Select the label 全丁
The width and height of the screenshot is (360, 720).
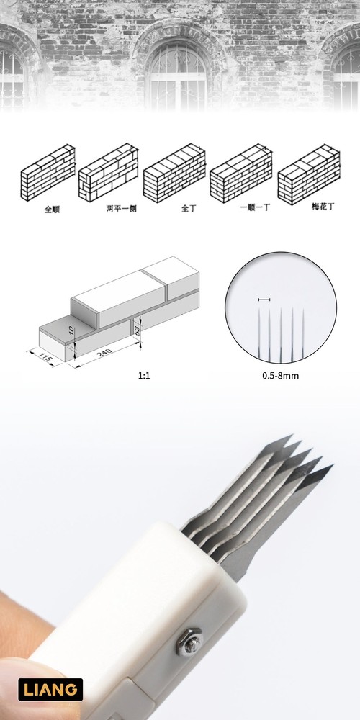189,209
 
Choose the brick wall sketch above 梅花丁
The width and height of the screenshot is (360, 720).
307,174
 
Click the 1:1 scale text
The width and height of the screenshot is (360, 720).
144,376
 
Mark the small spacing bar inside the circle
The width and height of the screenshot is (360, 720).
264,299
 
